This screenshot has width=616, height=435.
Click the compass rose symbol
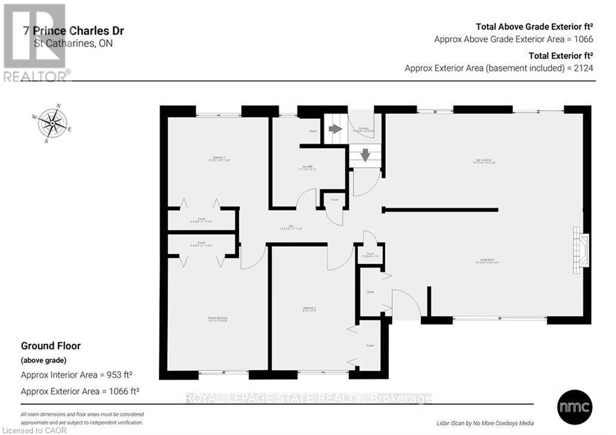(x=53, y=123)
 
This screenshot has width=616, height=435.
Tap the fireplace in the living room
(x=581, y=247)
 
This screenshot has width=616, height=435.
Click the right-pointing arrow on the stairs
(x=334, y=129)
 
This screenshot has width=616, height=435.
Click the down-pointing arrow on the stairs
(x=365, y=156)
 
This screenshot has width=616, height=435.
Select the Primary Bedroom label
(x=218, y=319)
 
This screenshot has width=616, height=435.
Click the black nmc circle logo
(x=575, y=404)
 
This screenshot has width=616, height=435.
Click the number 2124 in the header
(x=583, y=68)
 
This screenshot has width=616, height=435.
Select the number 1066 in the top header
(x=583, y=39)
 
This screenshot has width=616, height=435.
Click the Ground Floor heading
(x=51, y=346)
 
